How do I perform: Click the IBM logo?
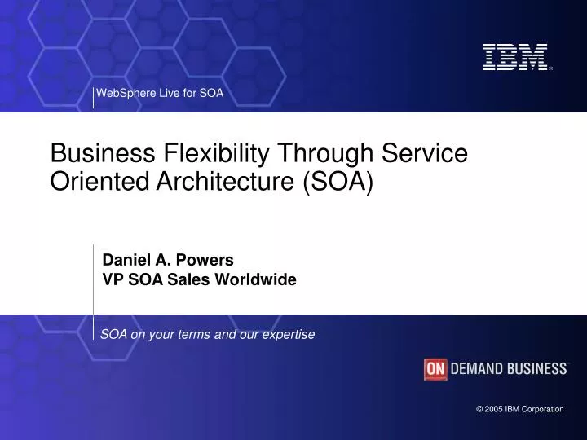(x=514, y=56)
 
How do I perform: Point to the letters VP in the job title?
(x=111, y=279)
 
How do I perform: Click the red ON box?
(x=436, y=369)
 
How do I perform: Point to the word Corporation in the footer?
(x=541, y=409)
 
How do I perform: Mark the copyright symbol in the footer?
(x=479, y=409)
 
